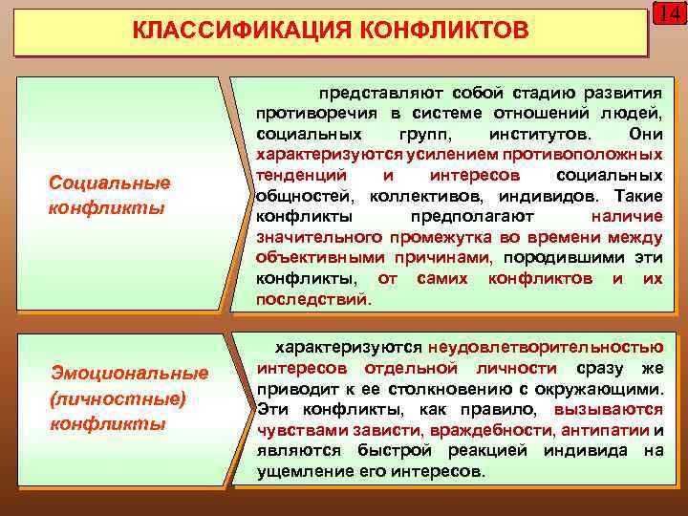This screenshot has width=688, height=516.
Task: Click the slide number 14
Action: pyautogui.click(x=670, y=15)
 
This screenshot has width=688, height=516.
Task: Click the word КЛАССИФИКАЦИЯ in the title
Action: pyautogui.click(x=223, y=33)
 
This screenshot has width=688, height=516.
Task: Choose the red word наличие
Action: pyautogui.click(x=626, y=217)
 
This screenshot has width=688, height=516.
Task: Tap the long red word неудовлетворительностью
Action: pyautogui.click(x=546, y=347)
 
